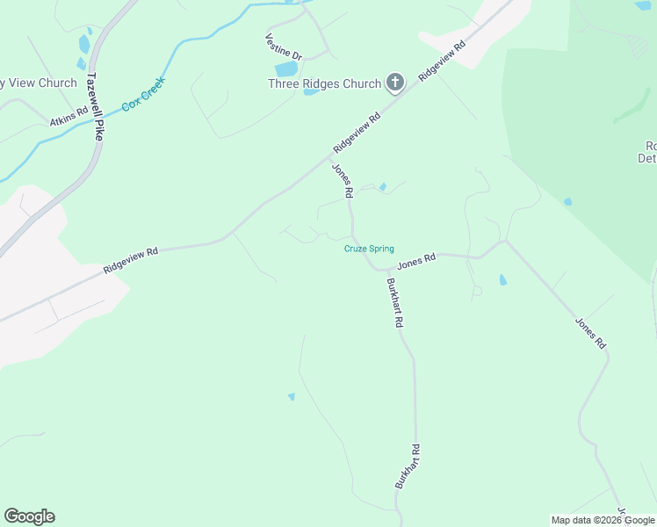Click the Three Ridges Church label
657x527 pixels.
[x=324, y=84]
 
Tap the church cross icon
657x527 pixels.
[x=395, y=83]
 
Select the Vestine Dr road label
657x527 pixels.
[x=284, y=48]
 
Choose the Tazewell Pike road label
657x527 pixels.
[x=96, y=107]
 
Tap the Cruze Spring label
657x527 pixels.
[x=368, y=249]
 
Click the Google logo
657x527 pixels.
[x=29, y=516]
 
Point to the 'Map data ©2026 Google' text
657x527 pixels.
[x=603, y=520]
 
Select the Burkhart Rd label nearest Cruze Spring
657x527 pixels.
[x=394, y=303]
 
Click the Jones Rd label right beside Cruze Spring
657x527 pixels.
[x=416, y=261]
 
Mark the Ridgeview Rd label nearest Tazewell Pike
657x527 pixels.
[x=130, y=260]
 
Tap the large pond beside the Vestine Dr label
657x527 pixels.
[x=286, y=69]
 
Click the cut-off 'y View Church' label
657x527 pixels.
[x=39, y=83]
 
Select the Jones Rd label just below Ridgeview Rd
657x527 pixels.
[x=342, y=180]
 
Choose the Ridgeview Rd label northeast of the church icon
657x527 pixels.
[x=441, y=59]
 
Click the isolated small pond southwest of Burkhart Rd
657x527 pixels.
[x=291, y=397]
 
